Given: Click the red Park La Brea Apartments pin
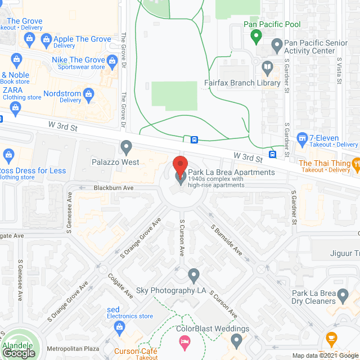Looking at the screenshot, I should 180,165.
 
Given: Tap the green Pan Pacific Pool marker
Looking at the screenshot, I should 256,38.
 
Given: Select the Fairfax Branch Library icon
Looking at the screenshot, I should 268,69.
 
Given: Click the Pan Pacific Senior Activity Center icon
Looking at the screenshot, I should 276,44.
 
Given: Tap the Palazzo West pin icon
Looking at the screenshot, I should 127,148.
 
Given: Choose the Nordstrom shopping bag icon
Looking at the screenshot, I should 88,93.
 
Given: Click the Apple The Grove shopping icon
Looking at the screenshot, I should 46,39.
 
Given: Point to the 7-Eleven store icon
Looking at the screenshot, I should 303,138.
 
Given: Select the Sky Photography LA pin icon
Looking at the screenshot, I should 194,276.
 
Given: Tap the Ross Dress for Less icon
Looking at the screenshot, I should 8,154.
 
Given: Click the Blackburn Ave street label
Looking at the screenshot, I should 114,188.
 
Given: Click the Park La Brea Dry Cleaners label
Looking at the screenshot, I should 321,297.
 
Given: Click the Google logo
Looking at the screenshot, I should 19,353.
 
